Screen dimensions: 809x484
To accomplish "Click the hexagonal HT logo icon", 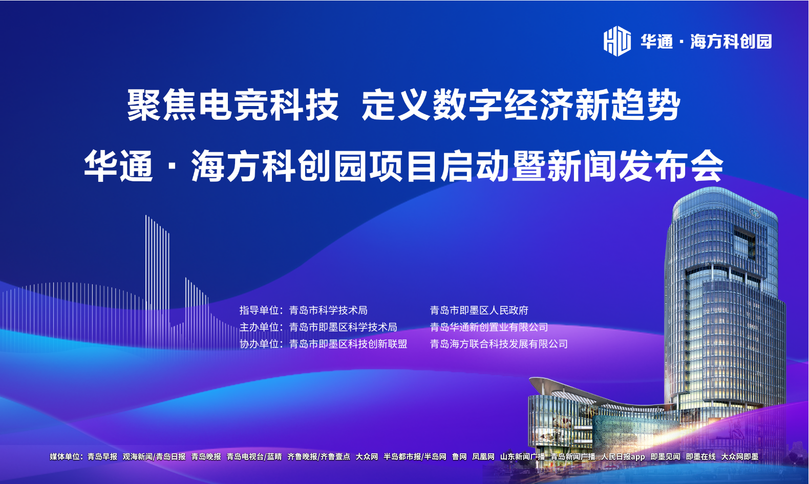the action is point(617,41).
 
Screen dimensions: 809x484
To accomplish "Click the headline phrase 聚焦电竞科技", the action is point(233,105).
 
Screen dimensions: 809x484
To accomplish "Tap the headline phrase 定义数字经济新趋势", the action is point(521,105).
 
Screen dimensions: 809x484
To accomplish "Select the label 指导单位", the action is point(259,310).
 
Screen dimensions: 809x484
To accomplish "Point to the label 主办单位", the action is point(259,327).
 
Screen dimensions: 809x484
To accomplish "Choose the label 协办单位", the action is point(259,344).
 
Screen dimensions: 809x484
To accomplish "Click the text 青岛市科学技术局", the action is point(328,310).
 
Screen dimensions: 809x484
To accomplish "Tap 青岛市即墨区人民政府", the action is point(479,310).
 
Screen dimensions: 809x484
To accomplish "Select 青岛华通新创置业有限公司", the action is point(489,327).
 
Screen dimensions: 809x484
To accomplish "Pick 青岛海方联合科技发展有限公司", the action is point(499,344).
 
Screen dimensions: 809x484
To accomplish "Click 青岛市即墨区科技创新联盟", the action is point(348,344).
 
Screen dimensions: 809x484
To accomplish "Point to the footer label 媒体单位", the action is point(65,456).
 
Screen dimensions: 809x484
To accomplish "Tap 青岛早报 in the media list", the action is point(102,456).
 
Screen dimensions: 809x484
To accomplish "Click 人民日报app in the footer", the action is point(623,456).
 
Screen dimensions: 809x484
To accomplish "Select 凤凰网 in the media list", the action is point(483,456).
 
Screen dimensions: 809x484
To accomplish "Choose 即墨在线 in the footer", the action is point(700,456).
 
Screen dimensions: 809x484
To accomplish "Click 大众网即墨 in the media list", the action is point(740,456).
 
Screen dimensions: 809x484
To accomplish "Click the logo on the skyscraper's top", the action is point(754,214).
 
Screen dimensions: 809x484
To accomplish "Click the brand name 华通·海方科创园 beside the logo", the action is point(707,41).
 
